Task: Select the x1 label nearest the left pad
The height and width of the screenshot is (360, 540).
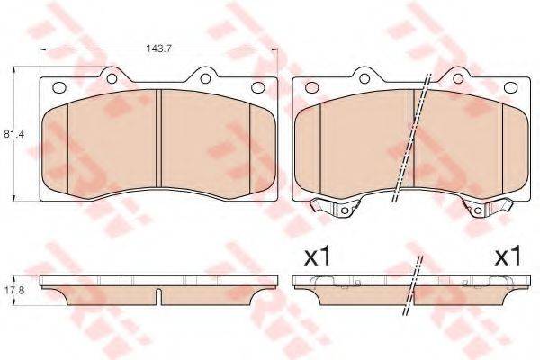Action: (317, 256)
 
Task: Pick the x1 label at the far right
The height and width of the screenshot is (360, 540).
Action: (508, 256)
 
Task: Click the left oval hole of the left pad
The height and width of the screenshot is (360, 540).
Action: (60, 87)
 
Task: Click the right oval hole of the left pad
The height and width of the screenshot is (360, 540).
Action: (256, 87)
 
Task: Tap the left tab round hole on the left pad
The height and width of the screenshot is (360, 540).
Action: (112, 79)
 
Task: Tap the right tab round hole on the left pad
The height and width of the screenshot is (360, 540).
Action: (205, 79)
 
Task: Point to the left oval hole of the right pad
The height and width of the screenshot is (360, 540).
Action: (312, 87)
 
